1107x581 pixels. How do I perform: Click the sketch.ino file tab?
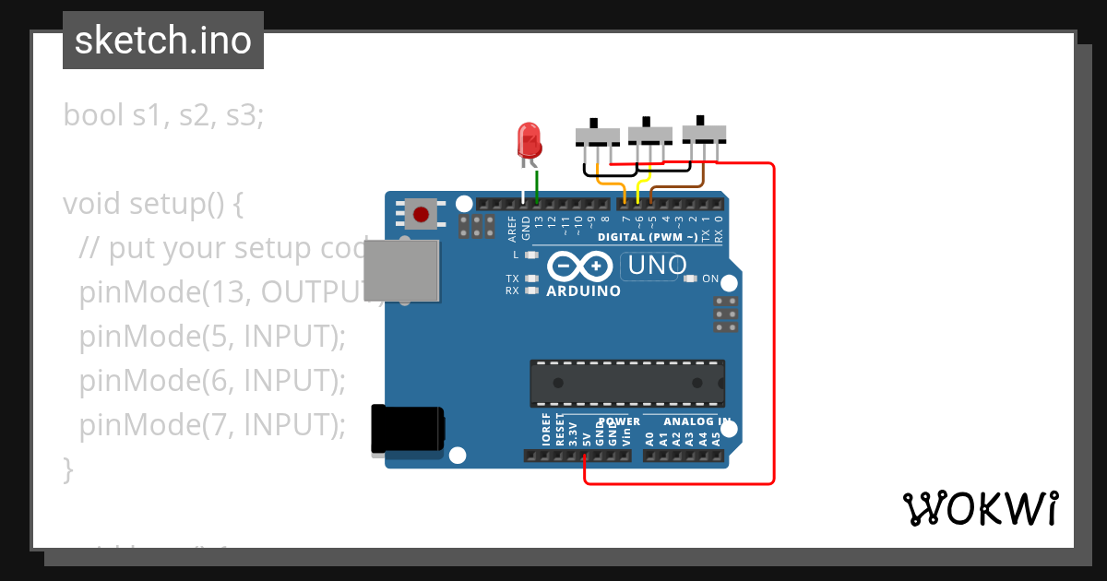[163, 41]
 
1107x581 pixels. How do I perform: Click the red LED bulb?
[530, 140]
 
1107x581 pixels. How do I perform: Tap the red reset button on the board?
[421, 215]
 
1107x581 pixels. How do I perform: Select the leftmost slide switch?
[598, 136]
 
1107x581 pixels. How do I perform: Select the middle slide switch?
[650, 135]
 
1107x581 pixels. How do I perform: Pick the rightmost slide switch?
[704, 133]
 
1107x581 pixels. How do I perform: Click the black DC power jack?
[407, 430]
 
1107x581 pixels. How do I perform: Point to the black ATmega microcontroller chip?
[626, 383]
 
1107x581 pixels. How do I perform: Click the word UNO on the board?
[656, 267]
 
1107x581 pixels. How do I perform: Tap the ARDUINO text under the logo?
[583, 290]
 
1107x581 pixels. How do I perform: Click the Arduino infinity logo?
[577, 267]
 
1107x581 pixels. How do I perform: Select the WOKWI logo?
[980, 508]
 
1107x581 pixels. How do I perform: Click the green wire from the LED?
[537, 184]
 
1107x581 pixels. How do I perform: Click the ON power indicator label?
[710, 279]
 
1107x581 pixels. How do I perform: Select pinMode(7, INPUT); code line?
[211, 425]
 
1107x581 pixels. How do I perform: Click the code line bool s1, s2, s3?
[163, 115]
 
